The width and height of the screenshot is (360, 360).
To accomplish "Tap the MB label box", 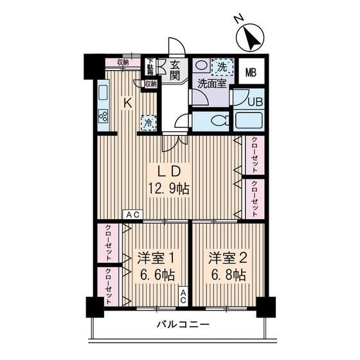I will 251,72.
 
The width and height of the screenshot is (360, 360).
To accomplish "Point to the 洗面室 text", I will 210,84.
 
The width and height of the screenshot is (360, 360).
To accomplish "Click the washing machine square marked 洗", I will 221,66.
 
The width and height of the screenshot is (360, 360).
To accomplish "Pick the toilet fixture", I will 217,120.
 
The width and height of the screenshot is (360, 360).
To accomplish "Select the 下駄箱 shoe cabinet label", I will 150,66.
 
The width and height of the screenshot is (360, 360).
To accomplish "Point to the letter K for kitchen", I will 127,101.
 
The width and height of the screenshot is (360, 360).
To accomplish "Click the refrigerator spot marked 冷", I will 148,122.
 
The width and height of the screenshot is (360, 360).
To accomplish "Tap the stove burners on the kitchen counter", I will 103,116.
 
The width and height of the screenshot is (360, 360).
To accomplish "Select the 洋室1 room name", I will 156,258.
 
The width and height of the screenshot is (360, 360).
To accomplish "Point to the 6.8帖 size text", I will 226,275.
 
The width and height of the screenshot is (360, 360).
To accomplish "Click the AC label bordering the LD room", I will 134,215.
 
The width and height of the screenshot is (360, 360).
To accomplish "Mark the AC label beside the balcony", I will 183,295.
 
